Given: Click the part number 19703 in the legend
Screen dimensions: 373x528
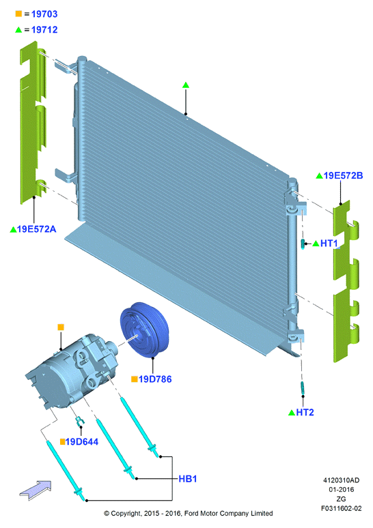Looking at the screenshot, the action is [44, 14].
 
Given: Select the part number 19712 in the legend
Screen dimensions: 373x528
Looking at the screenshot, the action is [44, 30].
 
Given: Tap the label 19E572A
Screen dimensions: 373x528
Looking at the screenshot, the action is [36, 229].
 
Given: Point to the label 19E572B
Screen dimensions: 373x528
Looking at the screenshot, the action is [344, 176].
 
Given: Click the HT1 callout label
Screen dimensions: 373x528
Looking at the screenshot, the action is [329, 243].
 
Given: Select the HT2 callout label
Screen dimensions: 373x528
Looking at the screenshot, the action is [305, 413].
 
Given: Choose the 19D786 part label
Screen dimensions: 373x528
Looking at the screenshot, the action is [155, 379].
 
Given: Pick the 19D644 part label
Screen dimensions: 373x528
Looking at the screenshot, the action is [82, 442].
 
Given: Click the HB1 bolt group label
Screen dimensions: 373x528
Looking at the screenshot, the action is [187, 479].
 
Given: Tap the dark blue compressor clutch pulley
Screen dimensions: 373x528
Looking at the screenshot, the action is [144, 329].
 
